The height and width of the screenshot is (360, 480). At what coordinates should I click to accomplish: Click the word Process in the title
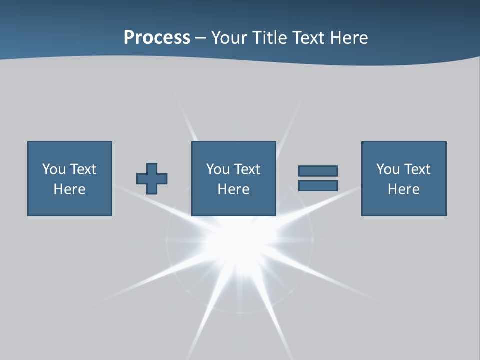157,38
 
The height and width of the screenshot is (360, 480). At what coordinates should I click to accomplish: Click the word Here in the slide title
350,38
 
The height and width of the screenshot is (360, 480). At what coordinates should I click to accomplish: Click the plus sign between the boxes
152,179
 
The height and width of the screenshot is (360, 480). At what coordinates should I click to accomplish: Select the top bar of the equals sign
318,171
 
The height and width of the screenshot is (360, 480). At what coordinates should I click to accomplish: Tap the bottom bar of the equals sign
318,186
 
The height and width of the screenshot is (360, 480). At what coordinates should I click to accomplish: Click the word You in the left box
53,169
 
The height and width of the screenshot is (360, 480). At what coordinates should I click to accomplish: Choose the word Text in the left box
82,169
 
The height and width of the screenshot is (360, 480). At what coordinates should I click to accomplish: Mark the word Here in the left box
69,189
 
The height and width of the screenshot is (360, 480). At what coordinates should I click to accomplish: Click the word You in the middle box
217,169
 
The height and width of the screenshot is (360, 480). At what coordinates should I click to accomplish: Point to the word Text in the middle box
246,169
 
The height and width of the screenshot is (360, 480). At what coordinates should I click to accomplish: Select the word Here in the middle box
233,189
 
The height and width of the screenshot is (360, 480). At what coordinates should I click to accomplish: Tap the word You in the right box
387,169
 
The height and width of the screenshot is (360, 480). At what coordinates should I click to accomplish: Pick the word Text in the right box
416,169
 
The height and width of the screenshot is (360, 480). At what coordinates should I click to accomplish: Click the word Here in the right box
403,189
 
